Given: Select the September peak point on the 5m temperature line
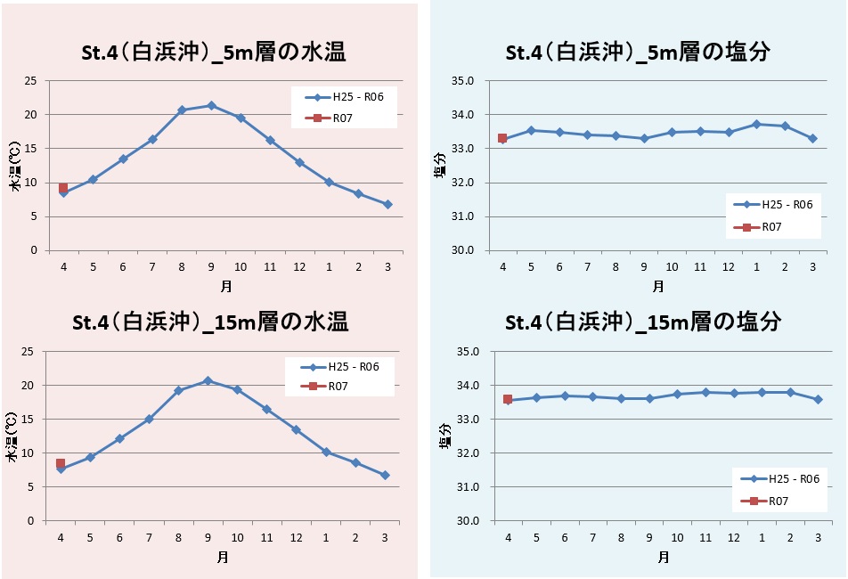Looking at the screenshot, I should tap(211, 105).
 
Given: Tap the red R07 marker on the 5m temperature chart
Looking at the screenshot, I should tap(63, 188).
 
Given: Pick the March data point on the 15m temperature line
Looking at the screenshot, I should tap(385, 475).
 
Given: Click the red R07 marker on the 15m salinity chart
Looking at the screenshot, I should tap(508, 399).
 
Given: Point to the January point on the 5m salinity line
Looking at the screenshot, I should tap(756, 124).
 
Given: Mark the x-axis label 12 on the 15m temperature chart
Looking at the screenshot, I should tap(297, 537).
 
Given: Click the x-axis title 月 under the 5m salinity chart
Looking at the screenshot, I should tap(657, 287).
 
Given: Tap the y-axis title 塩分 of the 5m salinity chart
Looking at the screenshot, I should tap(440, 167).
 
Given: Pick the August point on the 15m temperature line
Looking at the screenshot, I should tap(178, 390).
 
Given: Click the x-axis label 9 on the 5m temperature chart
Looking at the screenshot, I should tap(211, 267).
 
